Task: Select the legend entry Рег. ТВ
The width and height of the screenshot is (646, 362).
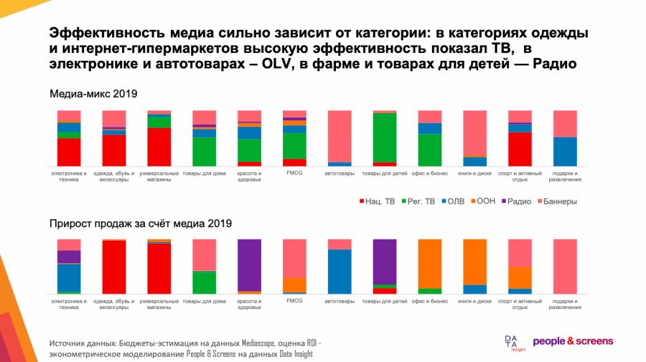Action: point(418,201)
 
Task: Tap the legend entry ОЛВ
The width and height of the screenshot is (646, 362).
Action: point(455,201)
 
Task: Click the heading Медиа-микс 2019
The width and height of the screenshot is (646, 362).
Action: point(93,94)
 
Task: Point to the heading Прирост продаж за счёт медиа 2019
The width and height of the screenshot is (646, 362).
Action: point(140,224)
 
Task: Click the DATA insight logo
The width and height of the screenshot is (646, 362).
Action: point(514,343)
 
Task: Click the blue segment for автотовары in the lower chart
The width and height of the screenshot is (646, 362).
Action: point(340,271)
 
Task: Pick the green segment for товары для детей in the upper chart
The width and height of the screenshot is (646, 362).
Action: point(385,138)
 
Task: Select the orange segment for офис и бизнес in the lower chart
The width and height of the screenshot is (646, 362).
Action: point(430,263)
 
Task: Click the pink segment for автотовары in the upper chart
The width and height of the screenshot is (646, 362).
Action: point(340,136)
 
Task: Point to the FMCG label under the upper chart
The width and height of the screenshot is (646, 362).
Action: point(294,173)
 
